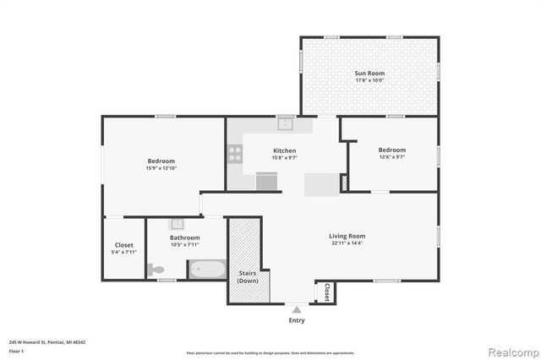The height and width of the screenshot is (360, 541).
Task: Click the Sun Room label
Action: [369, 74]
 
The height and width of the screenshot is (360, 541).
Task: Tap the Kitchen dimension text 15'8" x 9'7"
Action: [284, 157]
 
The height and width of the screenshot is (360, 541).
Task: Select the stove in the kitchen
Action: [235, 154]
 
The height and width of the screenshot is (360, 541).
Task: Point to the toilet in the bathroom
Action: [156, 270]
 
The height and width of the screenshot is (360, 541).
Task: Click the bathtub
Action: [207, 270]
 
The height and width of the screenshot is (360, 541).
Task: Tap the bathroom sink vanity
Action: [177, 225]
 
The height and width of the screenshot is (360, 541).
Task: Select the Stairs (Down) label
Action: [247, 275]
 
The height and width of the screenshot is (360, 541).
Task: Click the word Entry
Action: [297, 320]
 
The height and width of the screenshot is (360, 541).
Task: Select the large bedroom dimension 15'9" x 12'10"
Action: [161, 167]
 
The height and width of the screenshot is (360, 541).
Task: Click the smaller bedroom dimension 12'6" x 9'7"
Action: [391, 157]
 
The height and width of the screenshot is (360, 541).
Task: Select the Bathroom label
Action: [183, 238]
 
